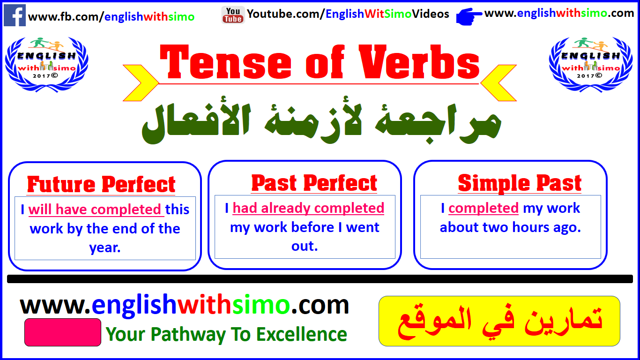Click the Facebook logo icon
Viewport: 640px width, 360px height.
coord(15,15)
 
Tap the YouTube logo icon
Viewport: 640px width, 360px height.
coord(233,15)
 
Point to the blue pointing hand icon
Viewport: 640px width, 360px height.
coord(469,16)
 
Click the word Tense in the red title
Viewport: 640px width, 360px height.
coord(226,62)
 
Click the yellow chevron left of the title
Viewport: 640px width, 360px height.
coord(141,83)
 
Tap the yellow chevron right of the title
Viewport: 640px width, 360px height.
coord(499,83)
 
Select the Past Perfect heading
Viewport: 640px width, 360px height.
coord(314,183)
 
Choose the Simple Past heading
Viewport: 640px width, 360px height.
coord(520,183)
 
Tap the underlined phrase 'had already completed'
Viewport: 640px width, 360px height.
coord(308,208)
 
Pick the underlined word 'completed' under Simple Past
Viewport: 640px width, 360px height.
coord(484,208)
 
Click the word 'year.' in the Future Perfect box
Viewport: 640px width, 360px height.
coord(105,248)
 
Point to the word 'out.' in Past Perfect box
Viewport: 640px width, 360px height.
coord(305,246)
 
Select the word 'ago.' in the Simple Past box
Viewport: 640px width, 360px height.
coord(567,228)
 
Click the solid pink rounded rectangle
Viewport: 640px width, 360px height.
coord(63,332)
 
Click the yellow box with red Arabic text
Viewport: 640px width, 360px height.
coord(499,321)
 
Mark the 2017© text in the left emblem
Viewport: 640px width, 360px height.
coord(45,76)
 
